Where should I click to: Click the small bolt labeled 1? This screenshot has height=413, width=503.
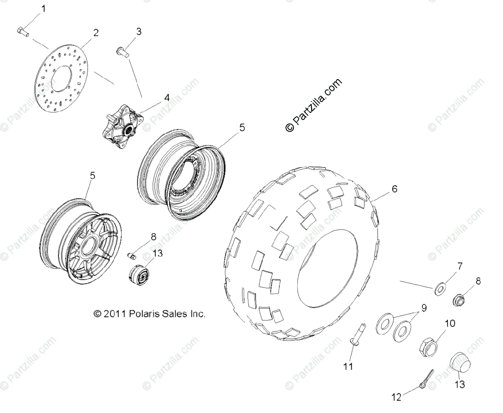(x=23, y=31)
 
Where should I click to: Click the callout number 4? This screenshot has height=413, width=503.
(x=166, y=98)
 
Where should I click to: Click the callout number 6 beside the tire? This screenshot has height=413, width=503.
(x=394, y=189)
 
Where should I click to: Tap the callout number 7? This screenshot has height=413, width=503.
(x=459, y=266)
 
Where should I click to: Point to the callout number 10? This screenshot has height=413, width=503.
(x=449, y=324)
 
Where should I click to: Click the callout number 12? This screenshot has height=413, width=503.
(x=396, y=397)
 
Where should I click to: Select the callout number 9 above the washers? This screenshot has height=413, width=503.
(x=424, y=308)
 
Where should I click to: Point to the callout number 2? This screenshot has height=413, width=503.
(x=96, y=33)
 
